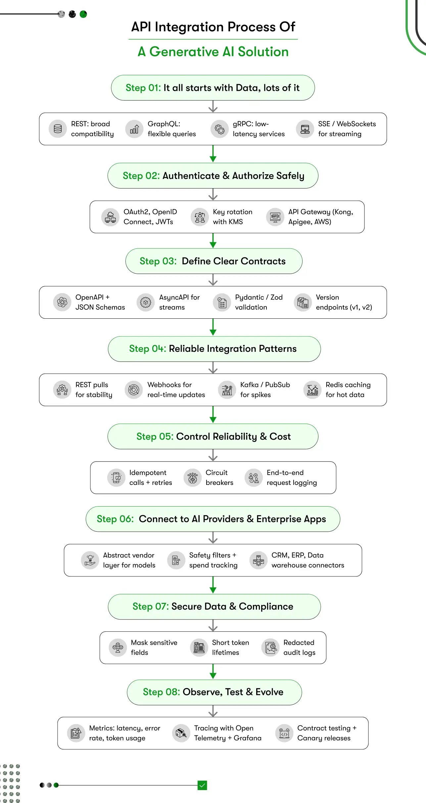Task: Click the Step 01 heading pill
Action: [213, 88]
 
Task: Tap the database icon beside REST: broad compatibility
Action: [58, 129]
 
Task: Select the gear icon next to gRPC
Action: [219, 129]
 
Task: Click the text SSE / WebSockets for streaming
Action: [347, 129]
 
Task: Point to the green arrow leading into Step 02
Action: [213, 154]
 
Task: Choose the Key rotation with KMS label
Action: [232, 217]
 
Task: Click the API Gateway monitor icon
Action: [275, 217]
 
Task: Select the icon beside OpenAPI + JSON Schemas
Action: [62, 302]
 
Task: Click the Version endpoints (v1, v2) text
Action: [344, 302]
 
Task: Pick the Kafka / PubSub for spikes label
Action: [265, 390]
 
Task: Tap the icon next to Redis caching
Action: [312, 390]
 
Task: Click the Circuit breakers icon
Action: [193, 478]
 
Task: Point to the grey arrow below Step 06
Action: [213, 538]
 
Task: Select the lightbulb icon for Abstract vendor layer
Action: [90, 560]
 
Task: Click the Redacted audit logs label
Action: [299, 648]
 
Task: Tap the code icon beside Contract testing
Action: [284, 733]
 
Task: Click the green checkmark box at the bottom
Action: [202, 785]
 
